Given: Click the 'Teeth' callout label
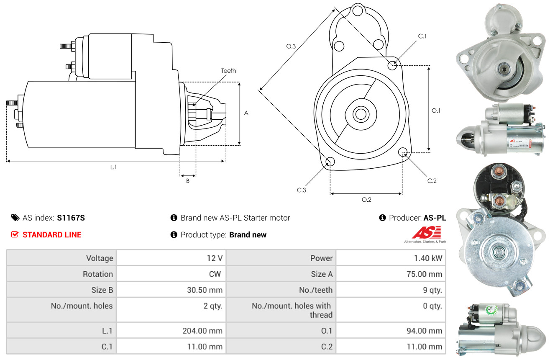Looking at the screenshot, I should (x=228, y=71).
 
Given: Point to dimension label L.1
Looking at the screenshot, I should (x=113, y=167).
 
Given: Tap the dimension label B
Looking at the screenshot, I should (x=188, y=181).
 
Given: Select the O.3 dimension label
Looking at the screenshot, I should (x=291, y=46).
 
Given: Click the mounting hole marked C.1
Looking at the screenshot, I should (x=392, y=65).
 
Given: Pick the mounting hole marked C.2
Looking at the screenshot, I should (x=403, y=152).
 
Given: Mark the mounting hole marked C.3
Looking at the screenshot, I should (x=330, y=162).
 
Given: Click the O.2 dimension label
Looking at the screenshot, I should (x=366, y=199).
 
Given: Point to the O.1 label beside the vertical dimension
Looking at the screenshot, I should (x=436, y=111).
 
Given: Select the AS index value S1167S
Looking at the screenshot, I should (x=71, y=218).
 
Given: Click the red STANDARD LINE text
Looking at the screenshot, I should (x=52, y=235).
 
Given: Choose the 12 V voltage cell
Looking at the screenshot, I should (x=214, y=258).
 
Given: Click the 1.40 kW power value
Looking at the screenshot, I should (x=428, y=258).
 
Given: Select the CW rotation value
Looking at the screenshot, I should (x=216, y=274).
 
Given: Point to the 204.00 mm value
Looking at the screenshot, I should (x=202, y=331).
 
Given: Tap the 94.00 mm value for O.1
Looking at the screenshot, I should (x=424, y=331).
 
